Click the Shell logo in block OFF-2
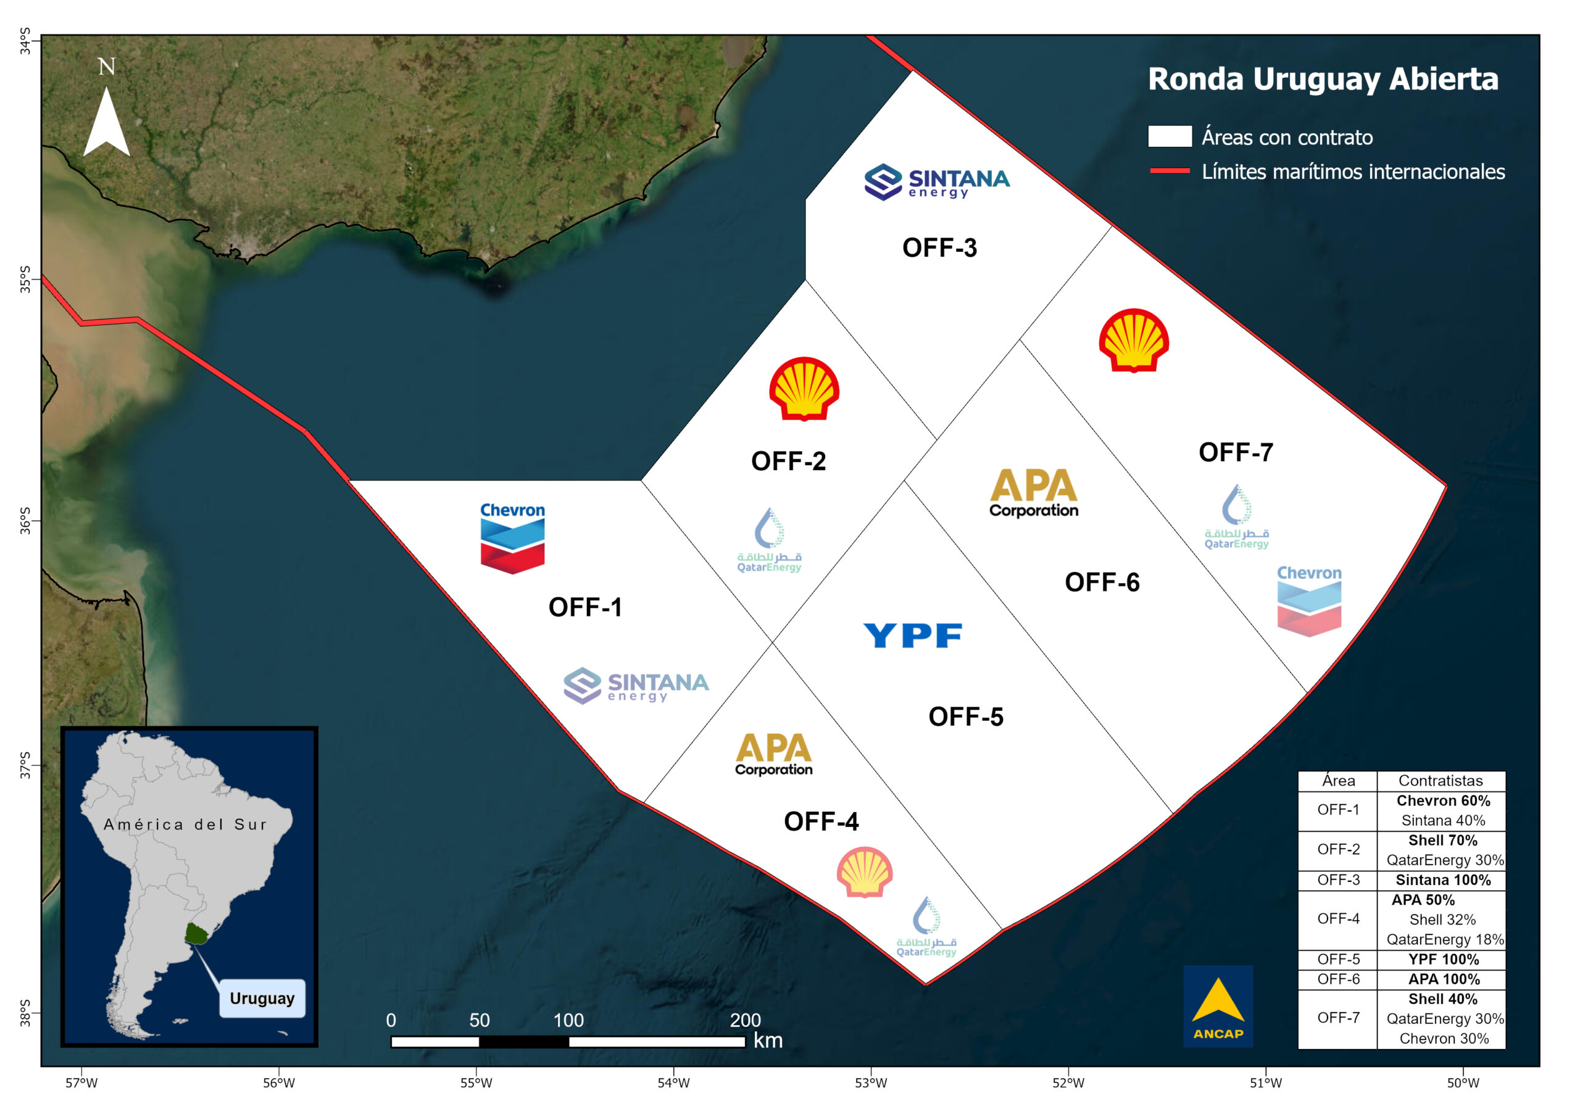tap(804, 388)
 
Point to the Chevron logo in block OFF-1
tap(513, 538)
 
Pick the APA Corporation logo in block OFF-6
tap(1034, 492)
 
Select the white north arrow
tap(107, 122)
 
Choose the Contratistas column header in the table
tap(1441, 781)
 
